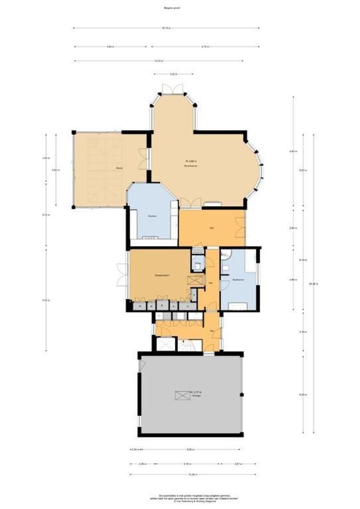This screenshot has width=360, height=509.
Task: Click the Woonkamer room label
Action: (x=190, y=166)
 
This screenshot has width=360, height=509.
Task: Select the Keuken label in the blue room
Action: (x=152, y=216)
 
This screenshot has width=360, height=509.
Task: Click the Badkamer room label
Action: (x=237, y=280)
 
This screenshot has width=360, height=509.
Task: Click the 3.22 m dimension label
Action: (x=173, y=74)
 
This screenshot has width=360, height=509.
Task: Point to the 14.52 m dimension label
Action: (x=158, y=61)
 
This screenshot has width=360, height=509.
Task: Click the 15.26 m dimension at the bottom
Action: (x=192, y=475)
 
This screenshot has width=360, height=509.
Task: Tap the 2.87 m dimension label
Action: (x=239, y=464)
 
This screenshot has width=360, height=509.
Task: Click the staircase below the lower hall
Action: (x=189, y=345)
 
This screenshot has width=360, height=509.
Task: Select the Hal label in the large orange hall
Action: (x=212, y=228)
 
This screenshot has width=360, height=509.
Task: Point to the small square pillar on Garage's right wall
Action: (x=242, y=394)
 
